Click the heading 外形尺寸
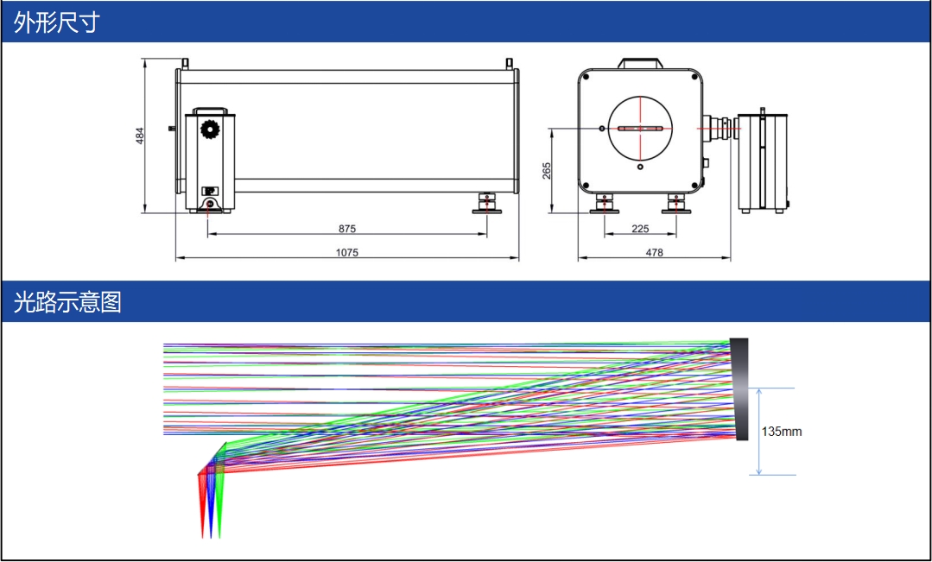pos(56,22)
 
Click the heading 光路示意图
pos(67,302)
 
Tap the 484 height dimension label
pos(140,136)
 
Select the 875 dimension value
pos(347,229)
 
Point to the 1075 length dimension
pos(347,252)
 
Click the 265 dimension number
pos(547,171)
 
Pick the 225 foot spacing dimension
pos(640,229)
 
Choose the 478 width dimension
pos(655,252)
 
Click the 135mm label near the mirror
pos(782,432)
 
